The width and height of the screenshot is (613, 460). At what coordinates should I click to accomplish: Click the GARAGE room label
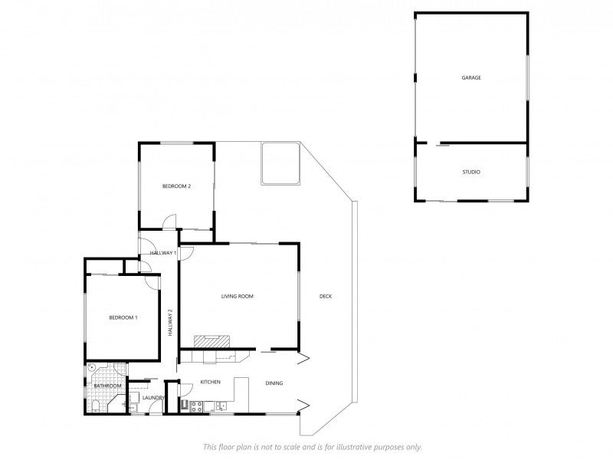coord(471,78)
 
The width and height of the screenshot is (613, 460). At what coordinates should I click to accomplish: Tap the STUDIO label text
coord(471,172)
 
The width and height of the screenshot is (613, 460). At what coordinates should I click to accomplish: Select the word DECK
coord(326,297)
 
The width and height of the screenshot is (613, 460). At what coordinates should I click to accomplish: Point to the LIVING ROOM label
coord(238,297)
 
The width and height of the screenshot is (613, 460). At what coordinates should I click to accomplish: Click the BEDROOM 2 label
coord(176,186)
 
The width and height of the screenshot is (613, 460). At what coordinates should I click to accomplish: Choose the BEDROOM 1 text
coord(123,317)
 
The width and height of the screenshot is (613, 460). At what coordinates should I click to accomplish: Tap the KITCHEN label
coord(210,382)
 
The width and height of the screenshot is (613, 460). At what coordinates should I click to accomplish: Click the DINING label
coord(274,383)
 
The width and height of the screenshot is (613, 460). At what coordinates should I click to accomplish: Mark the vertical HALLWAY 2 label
coord(170,323)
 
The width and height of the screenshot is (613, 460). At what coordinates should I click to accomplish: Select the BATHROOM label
coord(107,386)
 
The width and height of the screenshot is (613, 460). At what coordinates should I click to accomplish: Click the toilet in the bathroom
coord(95,406)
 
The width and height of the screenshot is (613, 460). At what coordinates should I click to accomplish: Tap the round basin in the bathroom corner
coord(92,367)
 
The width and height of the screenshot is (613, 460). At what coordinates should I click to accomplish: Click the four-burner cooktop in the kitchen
coord(196,406)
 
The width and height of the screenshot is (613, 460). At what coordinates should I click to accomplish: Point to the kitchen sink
coord(221,406)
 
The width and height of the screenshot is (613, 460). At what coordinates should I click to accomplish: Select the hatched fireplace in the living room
coord(212,341)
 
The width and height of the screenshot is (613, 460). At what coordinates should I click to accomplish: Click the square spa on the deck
coord(280,163)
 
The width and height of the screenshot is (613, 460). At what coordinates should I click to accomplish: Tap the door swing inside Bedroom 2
coord(169,222)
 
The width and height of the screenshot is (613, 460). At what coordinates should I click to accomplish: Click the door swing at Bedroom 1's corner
coord(152,282)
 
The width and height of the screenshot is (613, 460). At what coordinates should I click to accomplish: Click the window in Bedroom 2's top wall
coord(177,143)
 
